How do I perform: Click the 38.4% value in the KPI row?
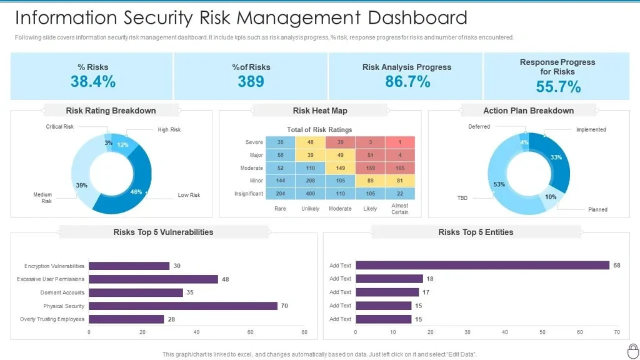pos(92,81)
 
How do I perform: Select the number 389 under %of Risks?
pos(251,81)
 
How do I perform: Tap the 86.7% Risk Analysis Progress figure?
pos(407,81)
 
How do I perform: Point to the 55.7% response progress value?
pos(558,87)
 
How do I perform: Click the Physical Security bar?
pos(183,306)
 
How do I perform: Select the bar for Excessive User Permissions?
pos(153,279)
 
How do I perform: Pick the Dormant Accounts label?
pos(62,292)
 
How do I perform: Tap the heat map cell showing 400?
pos(310,193)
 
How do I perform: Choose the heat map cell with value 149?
pos(340,168)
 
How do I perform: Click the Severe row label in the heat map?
pos(254,142)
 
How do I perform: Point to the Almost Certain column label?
pos(400,209)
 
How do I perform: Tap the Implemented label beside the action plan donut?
pos(591,129)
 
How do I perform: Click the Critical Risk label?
pos(60,127)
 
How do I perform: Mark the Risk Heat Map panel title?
pos(320,111)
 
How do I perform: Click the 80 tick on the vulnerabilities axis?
pos(304,332)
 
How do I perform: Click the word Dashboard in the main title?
pos(412,17)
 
